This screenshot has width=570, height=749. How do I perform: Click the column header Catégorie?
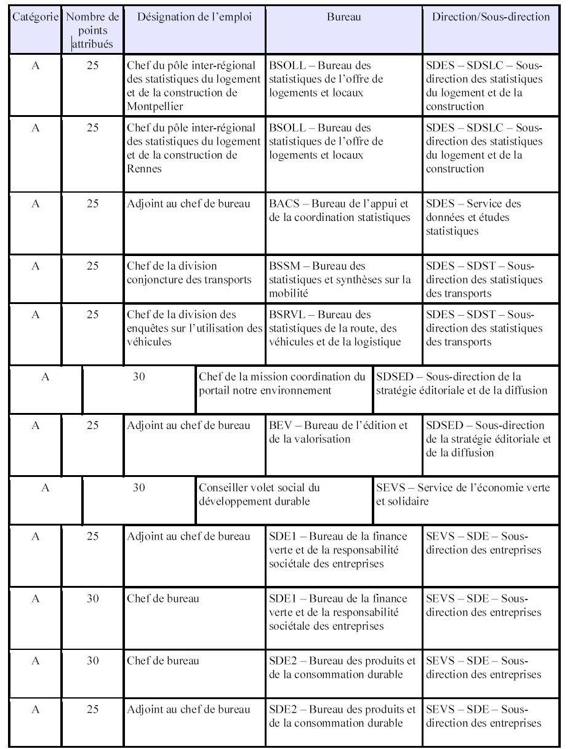(36, 17)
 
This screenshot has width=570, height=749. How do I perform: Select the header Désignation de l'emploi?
(195, 17)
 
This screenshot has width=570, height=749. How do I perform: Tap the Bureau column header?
(343, 17)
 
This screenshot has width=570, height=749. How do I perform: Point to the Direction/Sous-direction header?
(491, 17)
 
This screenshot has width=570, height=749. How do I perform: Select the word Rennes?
(144, 169)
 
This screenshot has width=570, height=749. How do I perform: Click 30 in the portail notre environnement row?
(139, 377)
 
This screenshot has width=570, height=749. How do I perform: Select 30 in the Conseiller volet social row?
(139, 488)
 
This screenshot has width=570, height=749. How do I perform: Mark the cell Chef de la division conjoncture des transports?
(189, 273)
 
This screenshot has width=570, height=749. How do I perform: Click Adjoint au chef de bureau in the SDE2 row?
(188, 710)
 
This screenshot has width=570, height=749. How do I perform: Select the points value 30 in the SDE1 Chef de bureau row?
(92, 598)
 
